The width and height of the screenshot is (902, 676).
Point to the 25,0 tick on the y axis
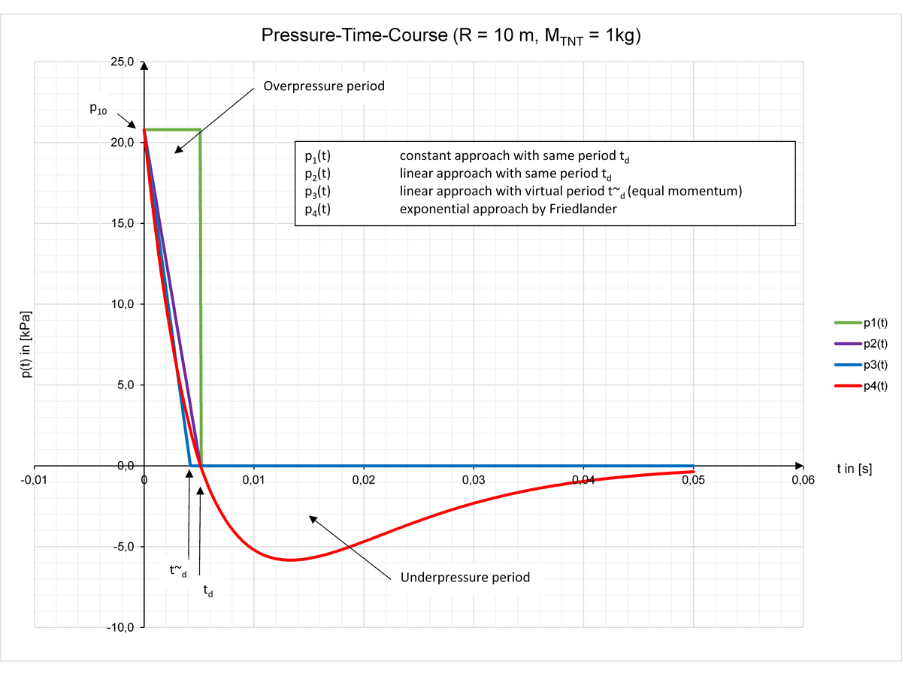click(122, 62)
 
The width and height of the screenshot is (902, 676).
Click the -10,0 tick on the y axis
click(120, 628)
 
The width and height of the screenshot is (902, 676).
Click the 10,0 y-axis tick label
click(122, 304)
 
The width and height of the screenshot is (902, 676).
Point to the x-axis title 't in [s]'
click(854, 469)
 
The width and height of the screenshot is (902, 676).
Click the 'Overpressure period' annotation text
click(324, 86)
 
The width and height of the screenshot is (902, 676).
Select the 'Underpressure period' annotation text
click(465, 578)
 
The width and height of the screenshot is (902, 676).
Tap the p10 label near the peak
click(98, 110)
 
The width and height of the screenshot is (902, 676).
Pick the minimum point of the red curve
click(291, 560)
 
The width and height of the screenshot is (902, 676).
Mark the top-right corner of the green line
click(200, 130)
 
